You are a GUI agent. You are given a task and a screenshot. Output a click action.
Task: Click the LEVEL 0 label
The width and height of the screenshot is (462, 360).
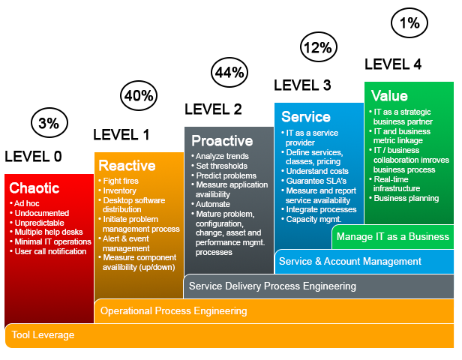click(x=33, y=156)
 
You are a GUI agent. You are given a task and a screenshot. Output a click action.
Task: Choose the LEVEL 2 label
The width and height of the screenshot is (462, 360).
click(x=213, y=109)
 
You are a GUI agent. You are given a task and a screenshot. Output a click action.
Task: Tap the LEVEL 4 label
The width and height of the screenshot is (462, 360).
click(x=393, y=64)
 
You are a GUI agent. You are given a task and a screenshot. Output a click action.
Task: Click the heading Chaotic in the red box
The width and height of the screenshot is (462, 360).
click(x=34, y=188)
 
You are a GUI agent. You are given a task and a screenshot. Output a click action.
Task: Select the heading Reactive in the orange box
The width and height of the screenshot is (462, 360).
click(x=127, y=165)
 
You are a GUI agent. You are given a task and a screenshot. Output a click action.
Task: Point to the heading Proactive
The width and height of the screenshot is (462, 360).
click(x=222, y=140)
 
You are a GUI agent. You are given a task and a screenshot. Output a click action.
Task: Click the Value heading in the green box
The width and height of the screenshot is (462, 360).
click(x=389, y=96)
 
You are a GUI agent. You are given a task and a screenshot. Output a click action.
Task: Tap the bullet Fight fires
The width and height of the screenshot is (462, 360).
click(x=118, y=181)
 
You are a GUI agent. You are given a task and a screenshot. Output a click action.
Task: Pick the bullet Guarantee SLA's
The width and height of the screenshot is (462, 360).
click(x=313, y=181)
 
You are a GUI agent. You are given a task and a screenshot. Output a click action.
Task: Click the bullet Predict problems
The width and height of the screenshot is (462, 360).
click(x=224, y=175)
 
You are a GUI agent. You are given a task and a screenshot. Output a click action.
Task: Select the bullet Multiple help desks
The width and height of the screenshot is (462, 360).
click(x=46, y=232)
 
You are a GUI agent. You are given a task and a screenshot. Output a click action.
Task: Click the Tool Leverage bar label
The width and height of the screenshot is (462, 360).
click(x=43, y=335)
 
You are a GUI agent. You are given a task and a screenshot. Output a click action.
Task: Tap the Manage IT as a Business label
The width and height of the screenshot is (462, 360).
click(x=393, y=236)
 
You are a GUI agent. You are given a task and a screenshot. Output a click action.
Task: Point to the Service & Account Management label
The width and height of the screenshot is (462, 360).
click(x=350, y=261)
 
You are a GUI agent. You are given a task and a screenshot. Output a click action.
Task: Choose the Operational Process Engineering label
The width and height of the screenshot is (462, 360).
click(x=174, y=310)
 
